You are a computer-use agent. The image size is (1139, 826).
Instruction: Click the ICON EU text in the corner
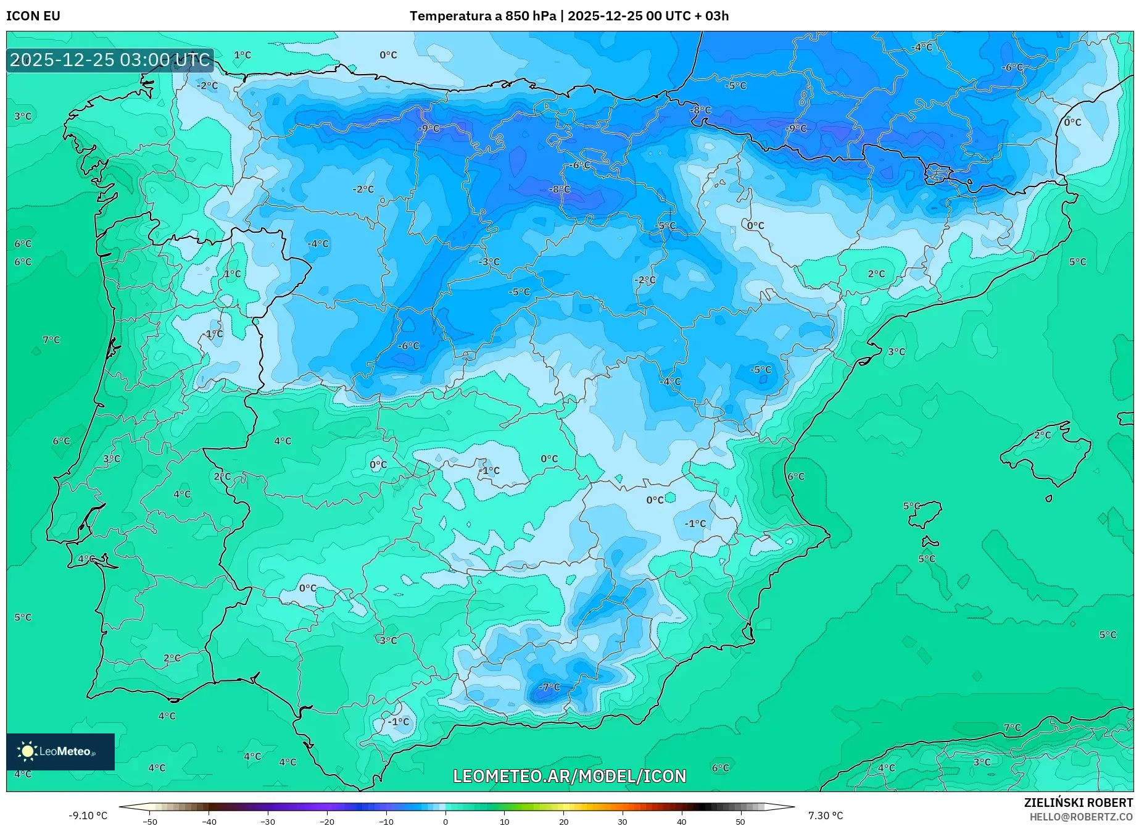pos(33,16)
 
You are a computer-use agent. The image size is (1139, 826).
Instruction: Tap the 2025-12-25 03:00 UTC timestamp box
pos(110,60)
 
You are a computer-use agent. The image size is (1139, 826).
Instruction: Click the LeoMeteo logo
pos(60,751)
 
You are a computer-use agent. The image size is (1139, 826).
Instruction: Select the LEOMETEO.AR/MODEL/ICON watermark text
pos(569,776)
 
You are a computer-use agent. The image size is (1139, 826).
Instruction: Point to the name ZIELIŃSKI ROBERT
pos(1078,803)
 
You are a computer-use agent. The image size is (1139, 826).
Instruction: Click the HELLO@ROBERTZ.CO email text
pos(1081,817)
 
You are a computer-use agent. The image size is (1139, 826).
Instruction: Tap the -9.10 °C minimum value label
pos(88,816)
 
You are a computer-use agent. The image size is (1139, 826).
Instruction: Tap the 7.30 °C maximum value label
pos(825,816)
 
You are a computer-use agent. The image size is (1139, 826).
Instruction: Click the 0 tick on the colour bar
pos(445,821)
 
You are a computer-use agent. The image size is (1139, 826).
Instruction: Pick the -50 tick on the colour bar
pos(150,821)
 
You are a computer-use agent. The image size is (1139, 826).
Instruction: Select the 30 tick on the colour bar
pos(622,821)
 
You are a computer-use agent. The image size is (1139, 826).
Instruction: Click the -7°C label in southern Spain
pos(549,686)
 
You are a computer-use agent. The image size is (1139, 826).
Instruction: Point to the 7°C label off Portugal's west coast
pos(51,340)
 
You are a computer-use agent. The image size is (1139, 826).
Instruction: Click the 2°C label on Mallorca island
pos(1042,435)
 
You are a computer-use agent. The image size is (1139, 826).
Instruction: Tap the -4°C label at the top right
pos(922,47)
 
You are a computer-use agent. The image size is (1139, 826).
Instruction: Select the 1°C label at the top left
pos(242,54)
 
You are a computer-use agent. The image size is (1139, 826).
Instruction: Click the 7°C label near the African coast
pos(1012,727)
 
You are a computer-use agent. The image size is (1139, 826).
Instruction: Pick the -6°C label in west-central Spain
pos(408,346)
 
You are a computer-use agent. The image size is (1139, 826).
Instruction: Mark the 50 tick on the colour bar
pos(740,821)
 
